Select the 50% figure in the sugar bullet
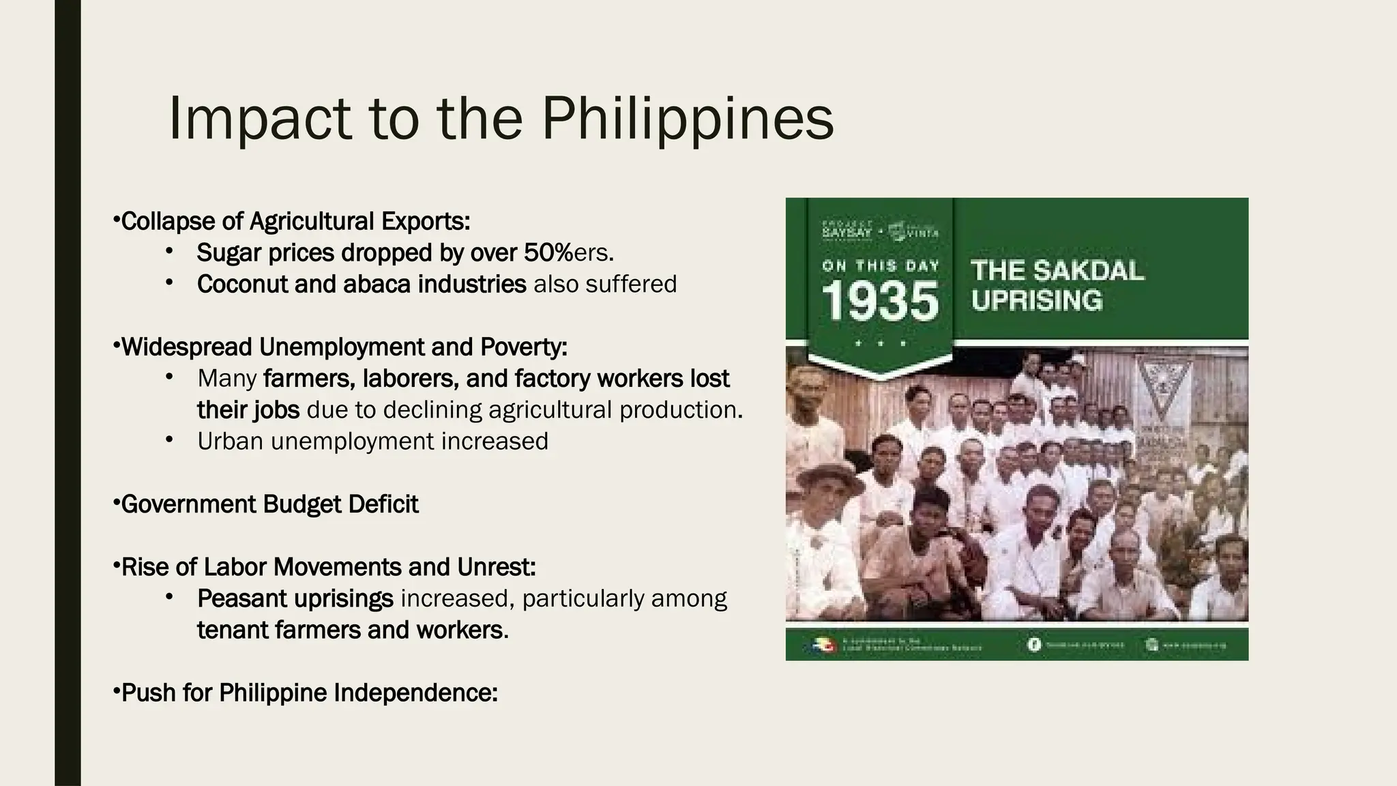548,253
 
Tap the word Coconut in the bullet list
242,285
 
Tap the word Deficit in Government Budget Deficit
383,504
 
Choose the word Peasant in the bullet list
242,598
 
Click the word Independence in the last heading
415,693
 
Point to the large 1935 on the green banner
880,301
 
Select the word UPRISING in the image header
1036,301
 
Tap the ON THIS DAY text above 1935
881,266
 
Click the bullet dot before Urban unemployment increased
169,440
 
